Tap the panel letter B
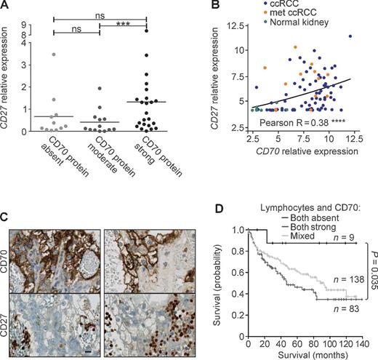pyautogui.click(x=195, y=6)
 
